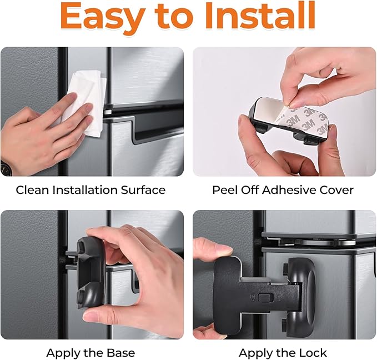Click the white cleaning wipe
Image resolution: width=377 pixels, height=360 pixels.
click(84, 101)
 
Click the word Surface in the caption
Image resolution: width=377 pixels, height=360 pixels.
click(143, 190)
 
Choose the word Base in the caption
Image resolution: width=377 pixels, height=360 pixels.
click(120, 353)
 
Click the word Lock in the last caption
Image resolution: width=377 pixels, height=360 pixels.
click(314, 353)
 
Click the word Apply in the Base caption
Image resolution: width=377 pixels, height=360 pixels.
click(62, 353)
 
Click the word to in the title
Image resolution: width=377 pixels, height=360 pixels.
click(174, 18)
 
